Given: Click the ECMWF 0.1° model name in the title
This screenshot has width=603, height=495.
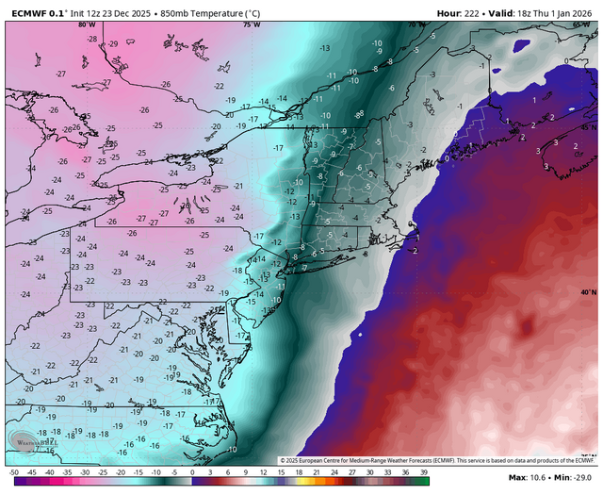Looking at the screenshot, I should (37, 12).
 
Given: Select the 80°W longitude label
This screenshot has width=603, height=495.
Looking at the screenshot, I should (87, 25).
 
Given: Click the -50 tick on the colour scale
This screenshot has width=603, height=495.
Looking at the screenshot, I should (13, 471).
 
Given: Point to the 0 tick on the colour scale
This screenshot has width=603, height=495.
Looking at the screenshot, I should (192, 471).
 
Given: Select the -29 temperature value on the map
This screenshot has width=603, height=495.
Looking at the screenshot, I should (113, 43).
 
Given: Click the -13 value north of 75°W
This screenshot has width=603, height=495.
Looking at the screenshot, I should (324, 48).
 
